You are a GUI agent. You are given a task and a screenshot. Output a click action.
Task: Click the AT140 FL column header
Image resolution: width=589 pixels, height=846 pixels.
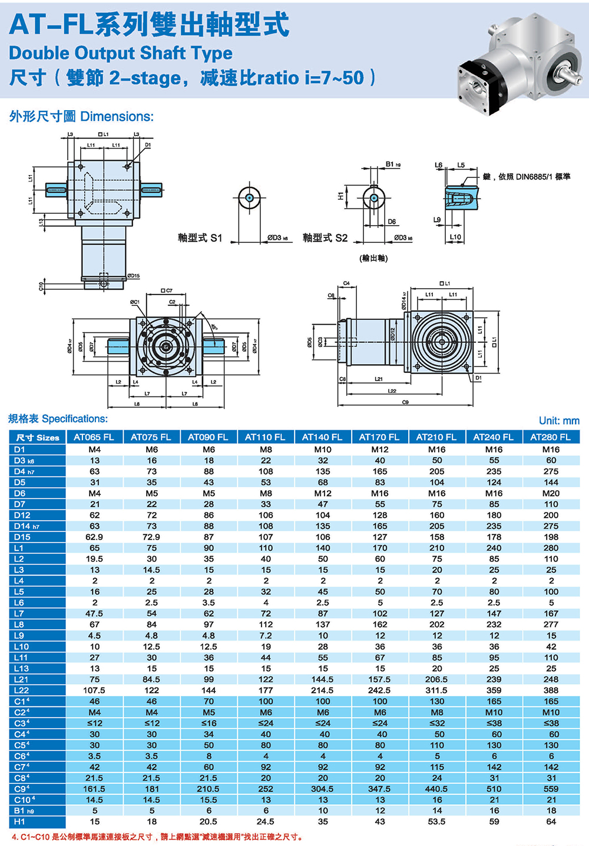[322, 437]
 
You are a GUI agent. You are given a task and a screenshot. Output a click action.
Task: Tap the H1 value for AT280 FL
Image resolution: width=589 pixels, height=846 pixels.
[551, 821]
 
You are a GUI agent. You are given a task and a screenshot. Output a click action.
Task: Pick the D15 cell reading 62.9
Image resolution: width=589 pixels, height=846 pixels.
[94, 537]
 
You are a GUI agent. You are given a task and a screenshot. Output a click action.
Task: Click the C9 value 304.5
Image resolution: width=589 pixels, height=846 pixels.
[322, 789]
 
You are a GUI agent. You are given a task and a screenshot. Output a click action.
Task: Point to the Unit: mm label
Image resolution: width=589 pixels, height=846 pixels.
[559, 421]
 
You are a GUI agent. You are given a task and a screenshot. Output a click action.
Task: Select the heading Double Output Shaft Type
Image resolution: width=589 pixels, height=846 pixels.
[121, 53]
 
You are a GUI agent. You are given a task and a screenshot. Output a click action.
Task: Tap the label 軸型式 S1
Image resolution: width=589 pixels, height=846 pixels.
[200, 238]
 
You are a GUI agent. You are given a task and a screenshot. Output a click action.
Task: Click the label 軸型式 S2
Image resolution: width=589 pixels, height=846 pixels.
[325, 238]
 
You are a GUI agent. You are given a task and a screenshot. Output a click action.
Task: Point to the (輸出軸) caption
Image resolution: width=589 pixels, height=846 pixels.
[373, 258]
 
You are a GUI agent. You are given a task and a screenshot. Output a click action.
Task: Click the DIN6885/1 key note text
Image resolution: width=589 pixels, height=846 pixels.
[526, 177]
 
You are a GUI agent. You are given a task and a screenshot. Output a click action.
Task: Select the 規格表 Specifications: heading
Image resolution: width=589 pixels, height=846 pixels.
[58, 419]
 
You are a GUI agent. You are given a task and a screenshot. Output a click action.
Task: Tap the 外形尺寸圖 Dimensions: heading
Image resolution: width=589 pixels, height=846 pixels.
[81, 117]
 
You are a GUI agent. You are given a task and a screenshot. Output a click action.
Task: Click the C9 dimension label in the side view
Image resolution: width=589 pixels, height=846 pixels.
[405, 402]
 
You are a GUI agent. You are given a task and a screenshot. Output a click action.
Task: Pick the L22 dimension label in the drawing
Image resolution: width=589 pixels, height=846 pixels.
[392, 391]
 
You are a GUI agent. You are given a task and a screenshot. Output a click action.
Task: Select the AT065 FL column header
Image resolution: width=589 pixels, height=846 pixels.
[94, 437]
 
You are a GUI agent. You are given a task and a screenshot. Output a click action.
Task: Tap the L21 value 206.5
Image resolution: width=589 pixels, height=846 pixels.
[436, 679]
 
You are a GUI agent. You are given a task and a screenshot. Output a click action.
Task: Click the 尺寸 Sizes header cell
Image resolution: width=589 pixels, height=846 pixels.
[37, 437]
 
